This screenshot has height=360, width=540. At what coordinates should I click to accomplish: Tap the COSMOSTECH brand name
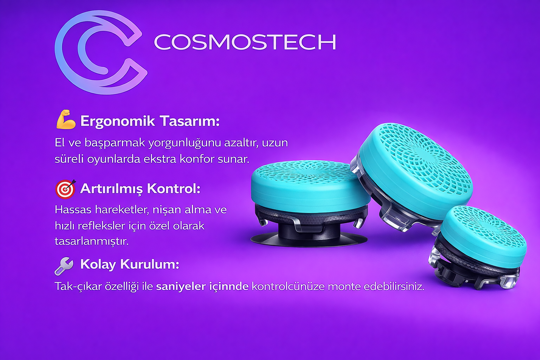click(245, 42)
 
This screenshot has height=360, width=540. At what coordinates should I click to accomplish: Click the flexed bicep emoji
click(66, 120)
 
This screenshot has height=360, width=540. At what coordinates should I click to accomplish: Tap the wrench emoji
click(64, 266)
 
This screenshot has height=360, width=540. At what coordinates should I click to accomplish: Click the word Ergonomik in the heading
click(117, 121)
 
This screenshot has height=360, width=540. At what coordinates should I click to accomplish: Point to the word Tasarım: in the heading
click(189, 121)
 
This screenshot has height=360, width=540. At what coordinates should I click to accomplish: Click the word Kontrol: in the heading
click(174, 188)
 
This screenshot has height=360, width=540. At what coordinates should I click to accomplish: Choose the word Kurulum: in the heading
click(150, 264)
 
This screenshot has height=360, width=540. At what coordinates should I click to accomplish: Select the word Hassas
click(73, 210)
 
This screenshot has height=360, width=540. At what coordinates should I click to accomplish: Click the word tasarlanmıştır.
click(92, 242)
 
